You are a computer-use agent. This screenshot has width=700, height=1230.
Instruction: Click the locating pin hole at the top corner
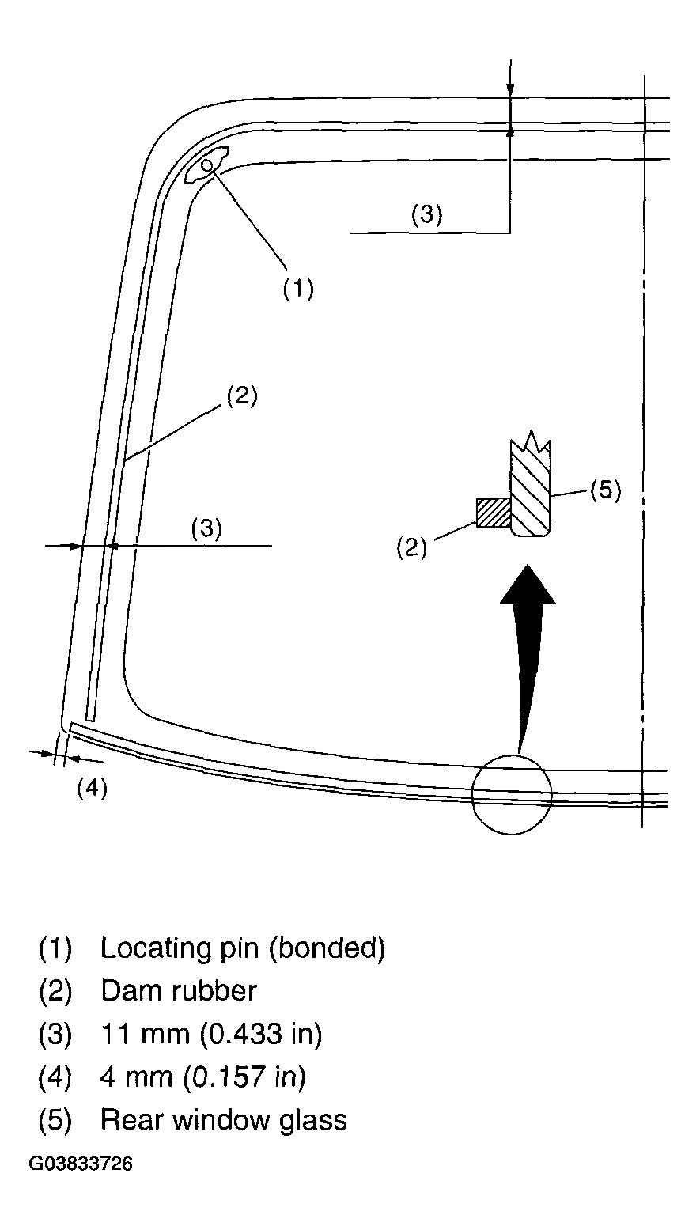click(207, 165)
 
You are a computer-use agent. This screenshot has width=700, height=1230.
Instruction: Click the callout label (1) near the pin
click(298, 289)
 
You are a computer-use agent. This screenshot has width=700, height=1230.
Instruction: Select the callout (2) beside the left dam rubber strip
click(242, 395)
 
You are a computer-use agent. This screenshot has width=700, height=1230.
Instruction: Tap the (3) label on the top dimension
click(426, 214)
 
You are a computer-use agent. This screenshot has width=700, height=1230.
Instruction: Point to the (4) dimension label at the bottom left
click(92, 789)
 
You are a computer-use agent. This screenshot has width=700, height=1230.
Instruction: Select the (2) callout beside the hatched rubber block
click(411, 547)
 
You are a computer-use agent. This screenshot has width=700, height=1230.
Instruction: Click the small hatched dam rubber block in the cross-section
click(492, 513)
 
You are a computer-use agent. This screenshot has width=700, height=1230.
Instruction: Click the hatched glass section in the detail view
click(530, 490)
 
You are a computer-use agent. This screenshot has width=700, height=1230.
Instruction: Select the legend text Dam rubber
click(179, 990)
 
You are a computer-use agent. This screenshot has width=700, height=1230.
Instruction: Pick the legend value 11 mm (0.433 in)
click(211, 1034)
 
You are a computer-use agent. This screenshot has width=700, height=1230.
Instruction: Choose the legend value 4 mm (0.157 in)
click(203, 1077)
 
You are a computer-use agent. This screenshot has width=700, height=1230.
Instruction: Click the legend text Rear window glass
click(224, 1120)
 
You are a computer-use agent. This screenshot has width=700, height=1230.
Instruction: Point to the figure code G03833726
click(81, 1164)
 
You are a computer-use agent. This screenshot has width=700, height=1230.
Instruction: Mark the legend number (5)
click(55, 1120)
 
